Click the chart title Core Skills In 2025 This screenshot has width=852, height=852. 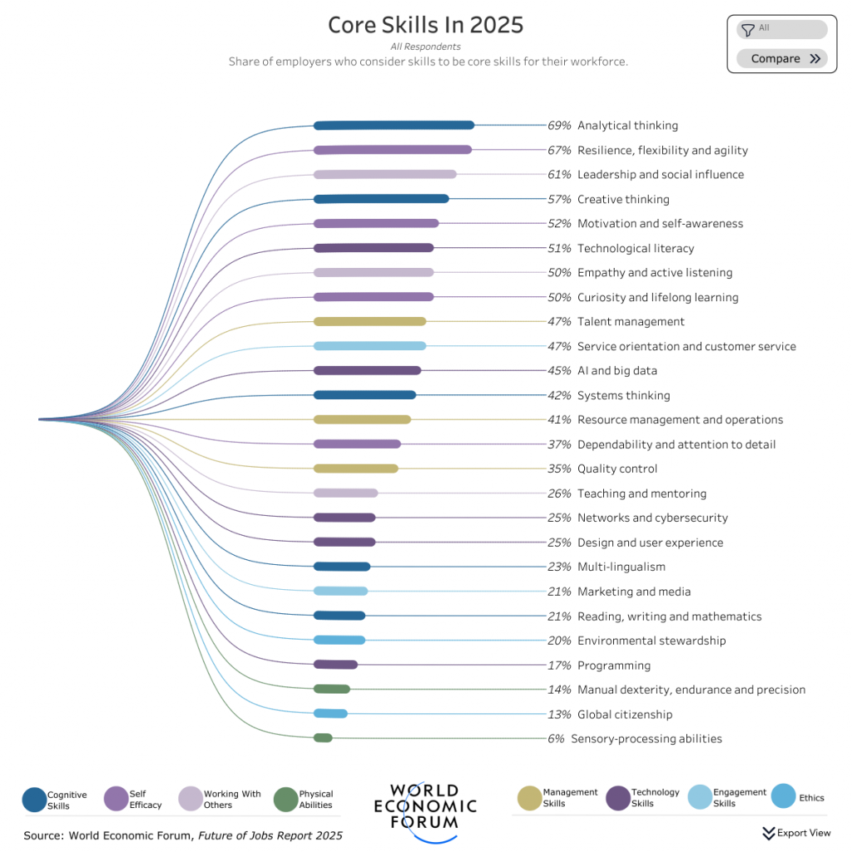pos(425,25)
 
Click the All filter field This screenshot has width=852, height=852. pos(781,29)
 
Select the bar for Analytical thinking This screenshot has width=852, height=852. pos(394,126)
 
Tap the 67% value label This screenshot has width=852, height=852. pos(559,151)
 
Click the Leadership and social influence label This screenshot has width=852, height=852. pos(661,175)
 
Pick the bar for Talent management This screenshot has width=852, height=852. pos(369,322)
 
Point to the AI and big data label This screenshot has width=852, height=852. pos(617,371)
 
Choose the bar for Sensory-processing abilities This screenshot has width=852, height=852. pos(323,738)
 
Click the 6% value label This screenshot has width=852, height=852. pos(556,739)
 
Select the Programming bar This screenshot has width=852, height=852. pos(335,665)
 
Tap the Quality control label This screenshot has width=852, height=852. pos(617,469)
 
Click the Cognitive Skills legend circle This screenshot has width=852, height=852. pos(34,800)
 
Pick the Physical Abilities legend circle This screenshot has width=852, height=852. pos(285,800)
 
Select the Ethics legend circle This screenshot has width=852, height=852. pos(783,797)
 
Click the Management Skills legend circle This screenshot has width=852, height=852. pos(529,798)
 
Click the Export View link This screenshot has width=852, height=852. pos(796,833)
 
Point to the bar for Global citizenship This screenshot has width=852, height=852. pos(330,714)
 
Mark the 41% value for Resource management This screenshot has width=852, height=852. pos(559,420)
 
